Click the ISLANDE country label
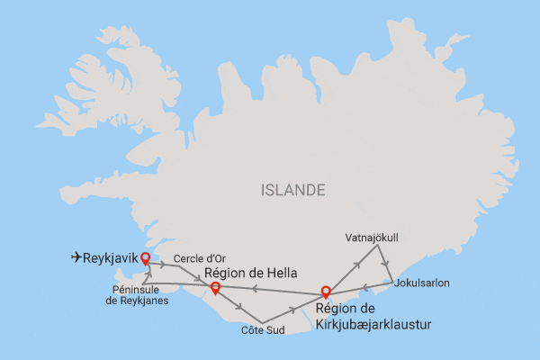[x=292, y=191]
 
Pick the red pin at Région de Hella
[x=214, y=288]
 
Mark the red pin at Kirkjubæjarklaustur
[x=326, y=292]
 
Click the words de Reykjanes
[x=137, y=301]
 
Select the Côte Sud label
[x=262, y=330]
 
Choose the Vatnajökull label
[x=372, y=238]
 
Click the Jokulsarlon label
[x=422, y=283]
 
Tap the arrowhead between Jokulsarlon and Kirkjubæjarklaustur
[x=364, y=288]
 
